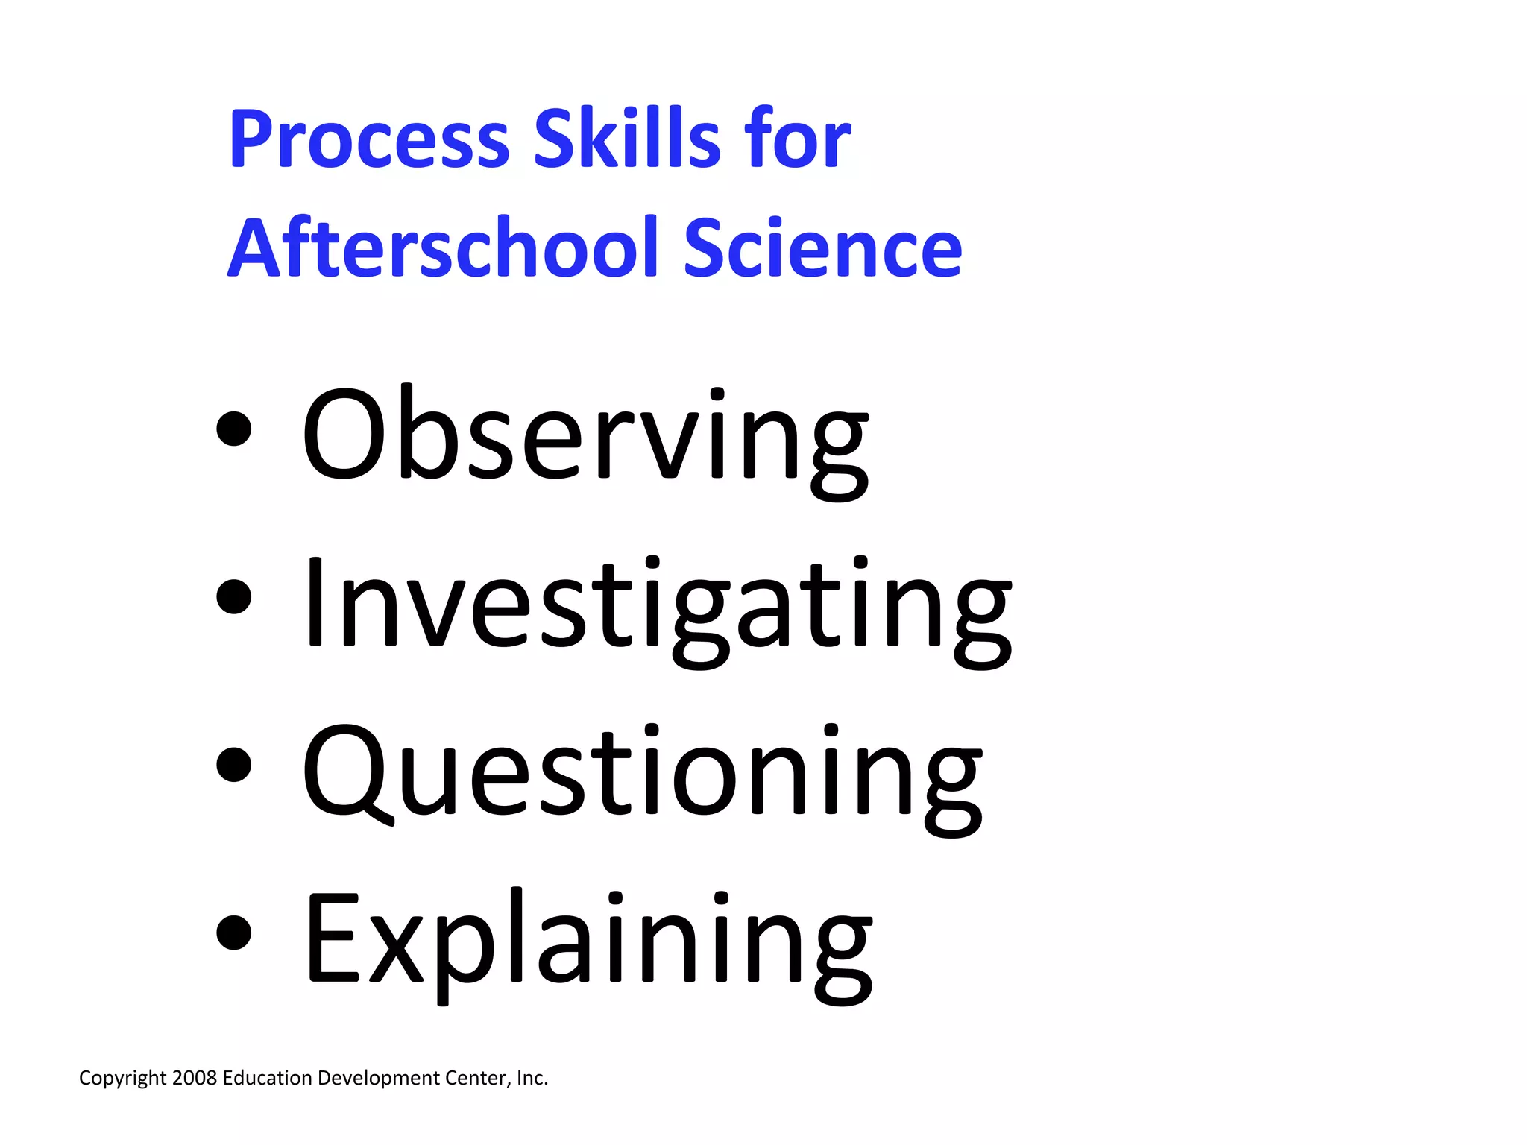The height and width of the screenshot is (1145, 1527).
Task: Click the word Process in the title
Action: click(x=369, y=139)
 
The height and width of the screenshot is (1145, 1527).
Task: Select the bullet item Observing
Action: click(x=585, y=436)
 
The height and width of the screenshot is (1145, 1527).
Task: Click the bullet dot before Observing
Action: click(x=233, y=429)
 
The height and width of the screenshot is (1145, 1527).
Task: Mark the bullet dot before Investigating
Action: click(x=233, y=596)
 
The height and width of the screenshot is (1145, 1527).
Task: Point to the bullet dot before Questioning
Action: click(x=233, y=765)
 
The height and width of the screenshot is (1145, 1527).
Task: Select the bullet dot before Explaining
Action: click(x=233, y=933)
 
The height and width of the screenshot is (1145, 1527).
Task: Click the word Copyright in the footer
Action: click(x=122, y=1079)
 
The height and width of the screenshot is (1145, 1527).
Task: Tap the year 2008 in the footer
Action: click(x=194, y=1078)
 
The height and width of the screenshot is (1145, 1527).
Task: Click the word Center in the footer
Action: click(x=477, y=1078)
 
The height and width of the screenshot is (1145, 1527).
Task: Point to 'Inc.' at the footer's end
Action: click(x=532, y=1078)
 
